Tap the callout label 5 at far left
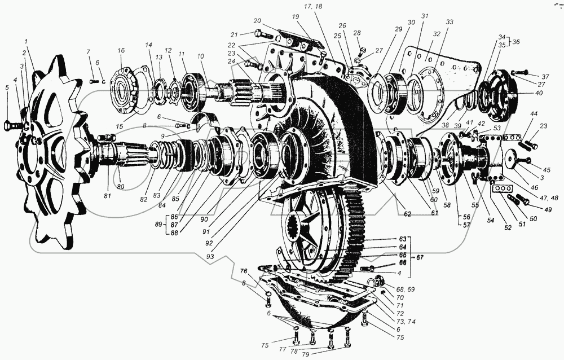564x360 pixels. tap(7, 87)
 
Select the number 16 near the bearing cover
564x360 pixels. tap(121, 50)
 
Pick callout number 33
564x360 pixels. tap(449, 22)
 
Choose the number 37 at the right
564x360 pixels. tap(545, 76)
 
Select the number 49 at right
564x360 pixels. tap(547, 208)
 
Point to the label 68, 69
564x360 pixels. tap(404, 289)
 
